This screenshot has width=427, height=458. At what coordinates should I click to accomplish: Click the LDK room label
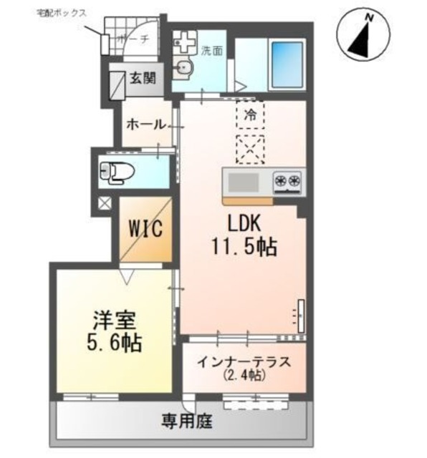tap(244, 225)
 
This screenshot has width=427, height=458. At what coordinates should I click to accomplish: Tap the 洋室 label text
tap(115, 321)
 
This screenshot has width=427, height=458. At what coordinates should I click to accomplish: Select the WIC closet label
tap(145, 228)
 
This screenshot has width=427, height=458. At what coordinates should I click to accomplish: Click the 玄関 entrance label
tap(143, 78)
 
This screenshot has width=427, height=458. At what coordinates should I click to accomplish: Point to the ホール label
tap(146, 125)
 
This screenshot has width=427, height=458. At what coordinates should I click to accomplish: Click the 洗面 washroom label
tap(212, 51)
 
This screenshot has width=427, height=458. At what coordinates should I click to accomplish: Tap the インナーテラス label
tap(244, 362)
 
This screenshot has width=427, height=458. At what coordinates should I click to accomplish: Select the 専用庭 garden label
tap(187, 421)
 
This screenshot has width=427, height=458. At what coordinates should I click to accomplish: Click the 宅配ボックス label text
tap(62, 13)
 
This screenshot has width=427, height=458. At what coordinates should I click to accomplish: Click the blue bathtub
tap(288, 65)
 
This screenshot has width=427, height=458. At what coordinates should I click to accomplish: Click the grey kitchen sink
tap(243, 182)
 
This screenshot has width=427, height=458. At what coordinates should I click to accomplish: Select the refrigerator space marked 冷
tap(250, 114)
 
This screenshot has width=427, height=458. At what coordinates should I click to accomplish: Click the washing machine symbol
tap(184, 42)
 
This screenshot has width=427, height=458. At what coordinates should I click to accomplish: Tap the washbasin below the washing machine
tap(183, 68)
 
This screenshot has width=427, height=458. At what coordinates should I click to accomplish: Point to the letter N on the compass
tap(370, 18)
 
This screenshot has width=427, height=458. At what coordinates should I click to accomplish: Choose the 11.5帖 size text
tap(244, 247)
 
